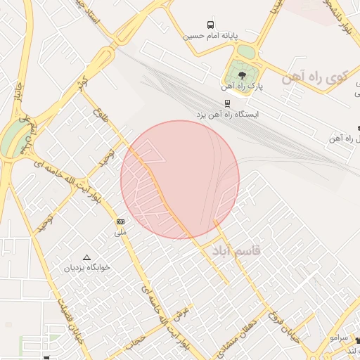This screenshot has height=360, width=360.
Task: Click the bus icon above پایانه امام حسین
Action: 212,25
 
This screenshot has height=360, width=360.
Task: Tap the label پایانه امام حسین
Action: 212,35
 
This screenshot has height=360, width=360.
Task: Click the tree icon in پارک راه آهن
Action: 243,75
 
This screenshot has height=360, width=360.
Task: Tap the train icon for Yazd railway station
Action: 226,103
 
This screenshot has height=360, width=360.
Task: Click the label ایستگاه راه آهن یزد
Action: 226,113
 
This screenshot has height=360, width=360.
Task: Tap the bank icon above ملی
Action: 121,221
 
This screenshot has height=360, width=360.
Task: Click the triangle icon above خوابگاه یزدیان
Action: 87,258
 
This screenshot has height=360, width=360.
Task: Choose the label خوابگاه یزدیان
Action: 89,268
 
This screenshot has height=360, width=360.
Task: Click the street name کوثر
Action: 83,82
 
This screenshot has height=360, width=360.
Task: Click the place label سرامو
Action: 336,338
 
